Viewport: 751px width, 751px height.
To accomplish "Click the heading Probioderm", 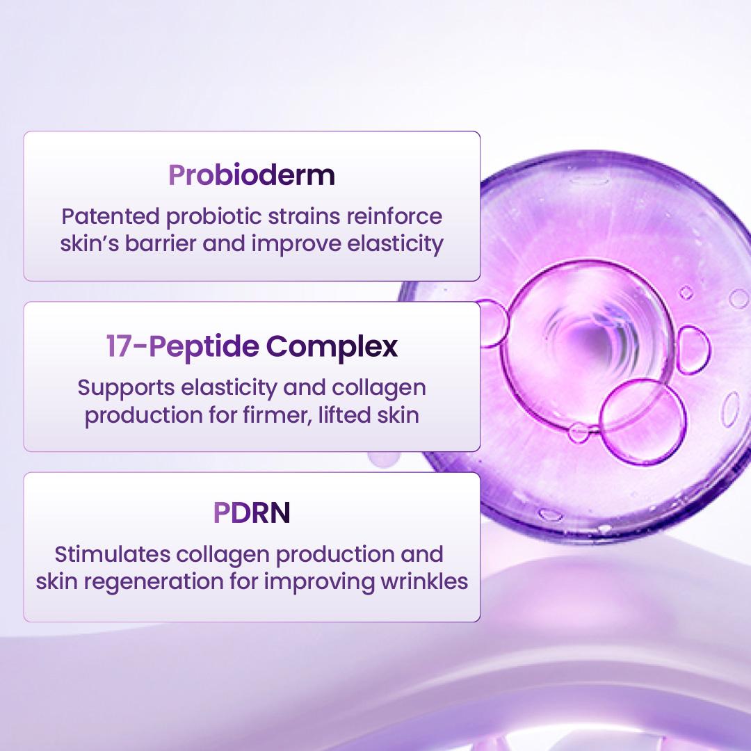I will click(252, 175).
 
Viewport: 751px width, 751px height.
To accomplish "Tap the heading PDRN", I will click(252, 513).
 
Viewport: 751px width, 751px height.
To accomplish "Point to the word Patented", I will click(110, 216).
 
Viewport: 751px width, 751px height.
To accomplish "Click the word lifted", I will click(353, 416).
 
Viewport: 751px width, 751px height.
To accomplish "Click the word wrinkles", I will click(423, 581).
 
